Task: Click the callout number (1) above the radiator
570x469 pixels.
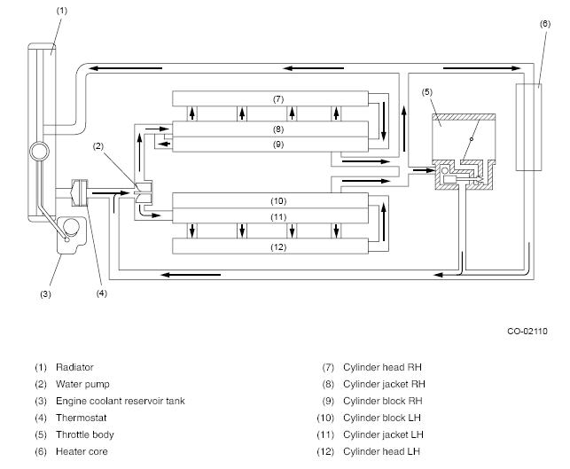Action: pos(62,11)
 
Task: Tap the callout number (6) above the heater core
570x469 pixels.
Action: pos(545,24)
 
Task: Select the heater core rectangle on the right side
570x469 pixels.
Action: pos(528,128)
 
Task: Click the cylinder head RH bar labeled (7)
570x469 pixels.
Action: pos(270,98)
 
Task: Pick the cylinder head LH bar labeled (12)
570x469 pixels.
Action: pos(270,246)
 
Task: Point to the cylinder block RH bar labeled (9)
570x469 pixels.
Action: pos(270,145)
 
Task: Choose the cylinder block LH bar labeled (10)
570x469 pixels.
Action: pos(270,200)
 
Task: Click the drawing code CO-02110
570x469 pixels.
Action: pos(527,332)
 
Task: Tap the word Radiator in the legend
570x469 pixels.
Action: pos(74,367)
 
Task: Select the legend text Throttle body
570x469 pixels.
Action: pos(85,434)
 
